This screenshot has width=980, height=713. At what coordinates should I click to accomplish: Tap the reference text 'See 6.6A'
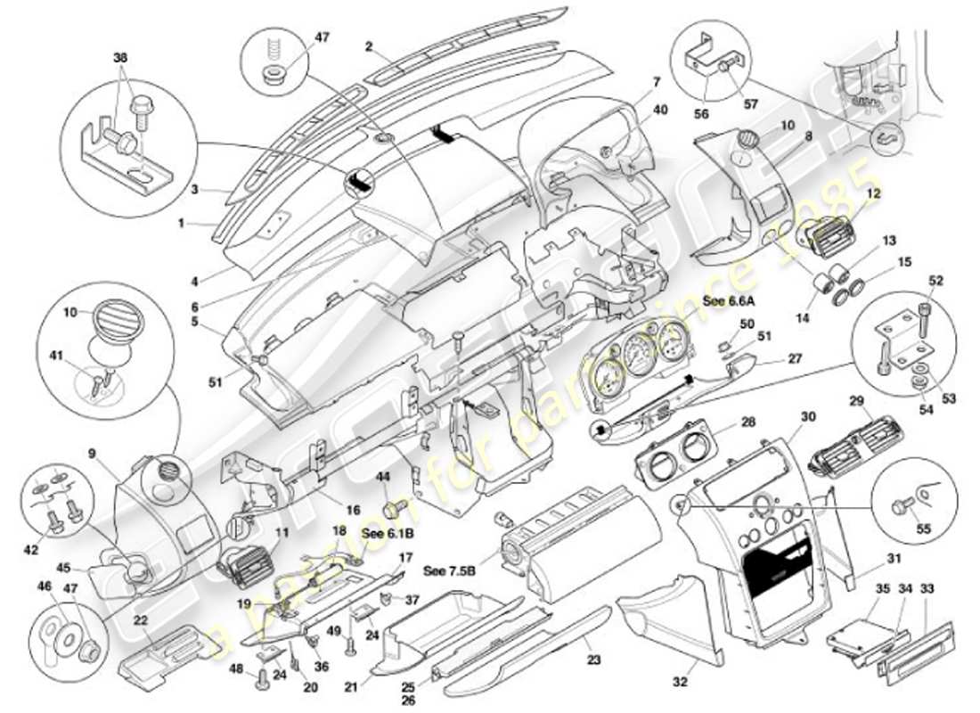click(727, 300)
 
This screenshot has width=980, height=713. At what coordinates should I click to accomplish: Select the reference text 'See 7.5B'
click(447, 570)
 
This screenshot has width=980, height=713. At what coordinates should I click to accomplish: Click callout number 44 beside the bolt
click(385, 479)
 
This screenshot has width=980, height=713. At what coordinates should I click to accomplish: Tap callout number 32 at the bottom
click(681, 683)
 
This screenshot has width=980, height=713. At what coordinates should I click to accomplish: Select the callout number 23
click(594, 660)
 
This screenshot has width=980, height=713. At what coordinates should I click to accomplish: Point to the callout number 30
click(808, 416)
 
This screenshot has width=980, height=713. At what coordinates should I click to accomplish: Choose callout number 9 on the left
click(92, 453)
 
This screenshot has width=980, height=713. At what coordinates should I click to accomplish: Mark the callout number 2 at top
click(368, 45)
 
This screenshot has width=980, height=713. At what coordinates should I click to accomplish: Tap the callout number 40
click(659, 110)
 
